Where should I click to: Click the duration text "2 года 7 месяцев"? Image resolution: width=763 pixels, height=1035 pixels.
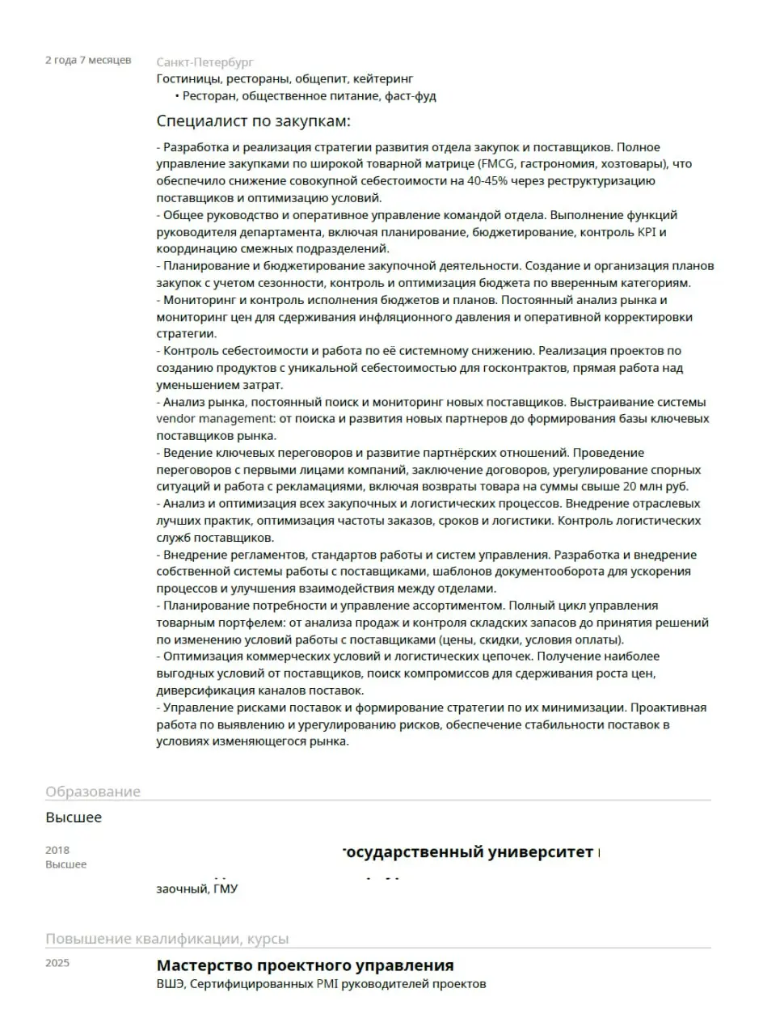tap(88, 60)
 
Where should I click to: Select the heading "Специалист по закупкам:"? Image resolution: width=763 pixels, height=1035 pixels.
tap(254, 121)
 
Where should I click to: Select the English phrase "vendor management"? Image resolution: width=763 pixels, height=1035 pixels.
tap(216, 419)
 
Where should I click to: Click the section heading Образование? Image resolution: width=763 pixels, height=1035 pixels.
tap(93, 792)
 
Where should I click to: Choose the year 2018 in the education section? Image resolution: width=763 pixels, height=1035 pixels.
tap(57, 850)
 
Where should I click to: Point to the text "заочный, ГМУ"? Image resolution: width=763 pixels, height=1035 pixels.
tap(197, 889)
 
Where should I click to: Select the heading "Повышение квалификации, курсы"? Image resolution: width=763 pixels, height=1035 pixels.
tap(167, 939)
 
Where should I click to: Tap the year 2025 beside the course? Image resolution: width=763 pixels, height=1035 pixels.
tap(57, 962)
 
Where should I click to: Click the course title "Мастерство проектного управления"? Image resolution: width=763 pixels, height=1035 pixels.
tap(305, 965)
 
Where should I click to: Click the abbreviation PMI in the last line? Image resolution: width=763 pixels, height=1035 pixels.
tap(329, 984)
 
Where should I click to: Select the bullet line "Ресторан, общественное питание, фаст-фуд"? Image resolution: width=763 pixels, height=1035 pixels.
tap(309, 96)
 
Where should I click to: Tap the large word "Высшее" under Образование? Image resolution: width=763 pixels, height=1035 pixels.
tap(74, 817)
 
